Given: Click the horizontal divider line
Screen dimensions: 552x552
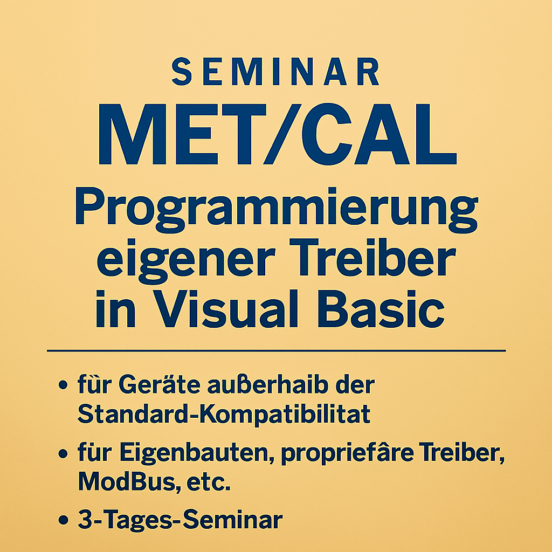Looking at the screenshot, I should point(276,350).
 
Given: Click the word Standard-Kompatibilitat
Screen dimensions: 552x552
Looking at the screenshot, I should point(224,415).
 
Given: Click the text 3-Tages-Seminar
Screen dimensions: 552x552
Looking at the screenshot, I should point(180,521).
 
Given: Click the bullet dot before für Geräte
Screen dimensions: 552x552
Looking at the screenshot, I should point(64,387).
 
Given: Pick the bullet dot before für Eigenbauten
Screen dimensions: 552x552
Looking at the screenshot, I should point(64,454).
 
